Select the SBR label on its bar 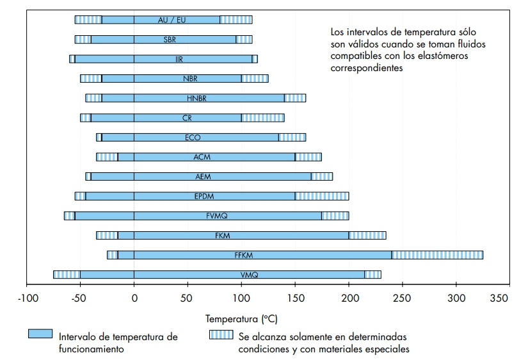tap(171, 40)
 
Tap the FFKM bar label tap(244, 255)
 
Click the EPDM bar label tap(204, 196)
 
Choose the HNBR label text tap(196, 98)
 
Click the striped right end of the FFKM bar tap(437, 255)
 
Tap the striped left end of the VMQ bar tap(67, 275)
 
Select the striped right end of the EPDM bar tap(322, 196)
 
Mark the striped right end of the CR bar tap(262, 118)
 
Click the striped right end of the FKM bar tap(367, 235)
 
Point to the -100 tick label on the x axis tap(28, 298)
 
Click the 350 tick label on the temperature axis tap(499, 298)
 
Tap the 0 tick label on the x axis tap(134, 298)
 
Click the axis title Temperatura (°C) tap(241, 318)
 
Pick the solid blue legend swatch tap(39, 334)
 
